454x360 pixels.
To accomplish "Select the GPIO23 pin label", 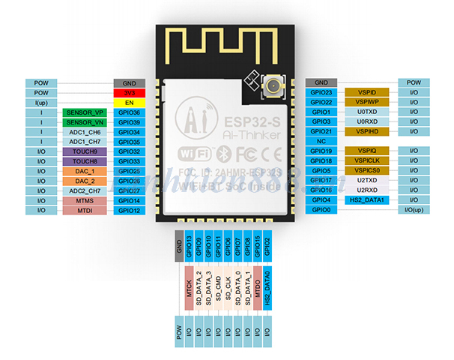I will tap(322, 92).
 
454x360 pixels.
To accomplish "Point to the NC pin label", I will tap(322, 141).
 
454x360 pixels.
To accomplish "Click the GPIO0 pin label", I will tap(322, 210).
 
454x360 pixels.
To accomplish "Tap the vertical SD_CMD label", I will tap(219, 289).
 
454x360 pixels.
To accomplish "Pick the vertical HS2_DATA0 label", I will tap(267, 289).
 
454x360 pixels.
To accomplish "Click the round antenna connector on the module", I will tap(270, 91).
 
